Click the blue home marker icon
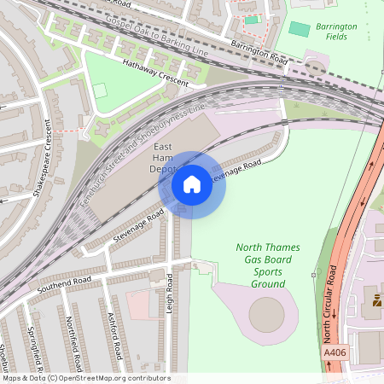point(192,184)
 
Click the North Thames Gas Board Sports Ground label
point(269,265)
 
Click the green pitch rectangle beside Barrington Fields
point(300,29)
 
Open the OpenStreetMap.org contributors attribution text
point(85,378)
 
